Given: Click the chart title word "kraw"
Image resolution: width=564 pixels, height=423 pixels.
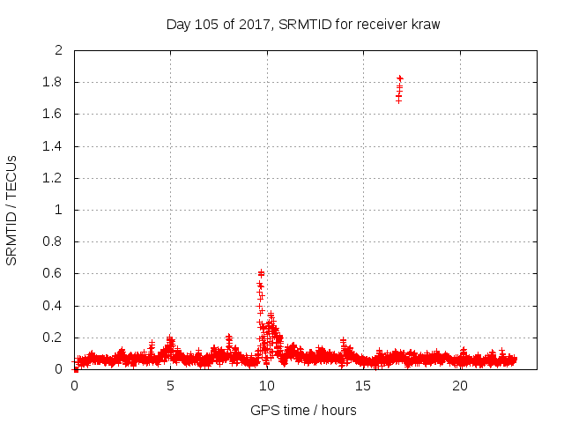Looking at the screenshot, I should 424,25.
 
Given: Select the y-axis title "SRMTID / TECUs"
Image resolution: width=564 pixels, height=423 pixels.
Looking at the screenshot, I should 12,211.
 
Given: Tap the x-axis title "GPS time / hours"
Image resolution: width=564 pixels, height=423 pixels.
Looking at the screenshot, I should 303,410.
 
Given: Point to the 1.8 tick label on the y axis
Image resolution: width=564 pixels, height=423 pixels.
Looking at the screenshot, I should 54,83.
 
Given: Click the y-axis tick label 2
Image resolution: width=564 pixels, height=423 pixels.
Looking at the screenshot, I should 59,50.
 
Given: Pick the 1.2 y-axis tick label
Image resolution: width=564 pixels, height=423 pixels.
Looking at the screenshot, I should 54,178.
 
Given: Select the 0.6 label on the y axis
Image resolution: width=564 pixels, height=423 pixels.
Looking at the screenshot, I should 54,274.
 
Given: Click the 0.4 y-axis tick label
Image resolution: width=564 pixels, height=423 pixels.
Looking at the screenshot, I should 54,306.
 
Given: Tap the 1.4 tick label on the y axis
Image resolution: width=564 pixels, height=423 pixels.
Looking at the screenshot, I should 54,146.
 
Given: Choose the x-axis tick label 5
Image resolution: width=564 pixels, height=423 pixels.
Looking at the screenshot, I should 170,386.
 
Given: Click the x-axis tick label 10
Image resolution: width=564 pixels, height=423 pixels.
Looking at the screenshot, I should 266,386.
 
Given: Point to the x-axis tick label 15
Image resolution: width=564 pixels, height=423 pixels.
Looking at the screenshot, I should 363,386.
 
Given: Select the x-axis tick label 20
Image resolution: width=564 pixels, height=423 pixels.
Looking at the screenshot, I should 459,386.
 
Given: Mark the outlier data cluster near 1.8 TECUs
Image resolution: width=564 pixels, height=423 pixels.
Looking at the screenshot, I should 399,88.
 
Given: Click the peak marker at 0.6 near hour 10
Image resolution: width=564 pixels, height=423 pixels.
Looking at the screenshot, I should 261,273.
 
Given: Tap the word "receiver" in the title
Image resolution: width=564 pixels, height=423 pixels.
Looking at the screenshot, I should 379,25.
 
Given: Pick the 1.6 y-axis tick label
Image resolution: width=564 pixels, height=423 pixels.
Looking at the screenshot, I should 54,115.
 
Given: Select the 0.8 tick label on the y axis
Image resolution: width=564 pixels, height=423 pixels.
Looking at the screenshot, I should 54,242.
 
